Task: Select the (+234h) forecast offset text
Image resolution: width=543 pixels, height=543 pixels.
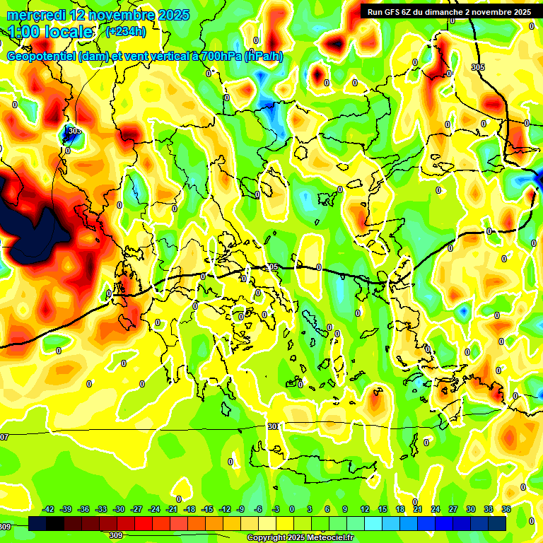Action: pyautogui.click(x=125, y=32)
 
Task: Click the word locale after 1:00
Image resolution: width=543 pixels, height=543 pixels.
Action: pyautogui.click(x=67, y=33)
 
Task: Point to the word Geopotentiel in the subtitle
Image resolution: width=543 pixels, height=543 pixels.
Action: pyautogui.click(x=41, y=57)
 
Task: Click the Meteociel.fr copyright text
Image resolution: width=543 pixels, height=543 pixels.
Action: pyautogui.click(x=299, y=538)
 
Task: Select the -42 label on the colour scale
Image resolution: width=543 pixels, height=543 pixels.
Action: pyautogui.click(x=49, y=510)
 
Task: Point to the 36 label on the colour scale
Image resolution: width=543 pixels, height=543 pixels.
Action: pyautogui.click(x=506, y=510)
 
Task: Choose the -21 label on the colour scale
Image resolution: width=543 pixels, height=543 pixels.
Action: pyautogui.click(x=172, y=510)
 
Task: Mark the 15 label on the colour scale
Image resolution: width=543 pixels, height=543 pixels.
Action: pyautogui.click(x=383, y=510)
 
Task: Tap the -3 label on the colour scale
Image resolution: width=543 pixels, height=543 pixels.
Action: pyautogui.click(x=276, y=510)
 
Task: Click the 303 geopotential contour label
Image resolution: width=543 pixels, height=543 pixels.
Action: pyautogui.click(x=74, y=131)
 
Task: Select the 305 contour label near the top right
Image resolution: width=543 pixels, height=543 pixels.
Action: pyautogui.click(x=478, y=67)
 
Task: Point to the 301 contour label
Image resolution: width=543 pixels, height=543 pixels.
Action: pyautogui.click(x=274, y=426)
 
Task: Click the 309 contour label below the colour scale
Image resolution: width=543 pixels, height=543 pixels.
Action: pyautogui.click(x=115, y=536)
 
